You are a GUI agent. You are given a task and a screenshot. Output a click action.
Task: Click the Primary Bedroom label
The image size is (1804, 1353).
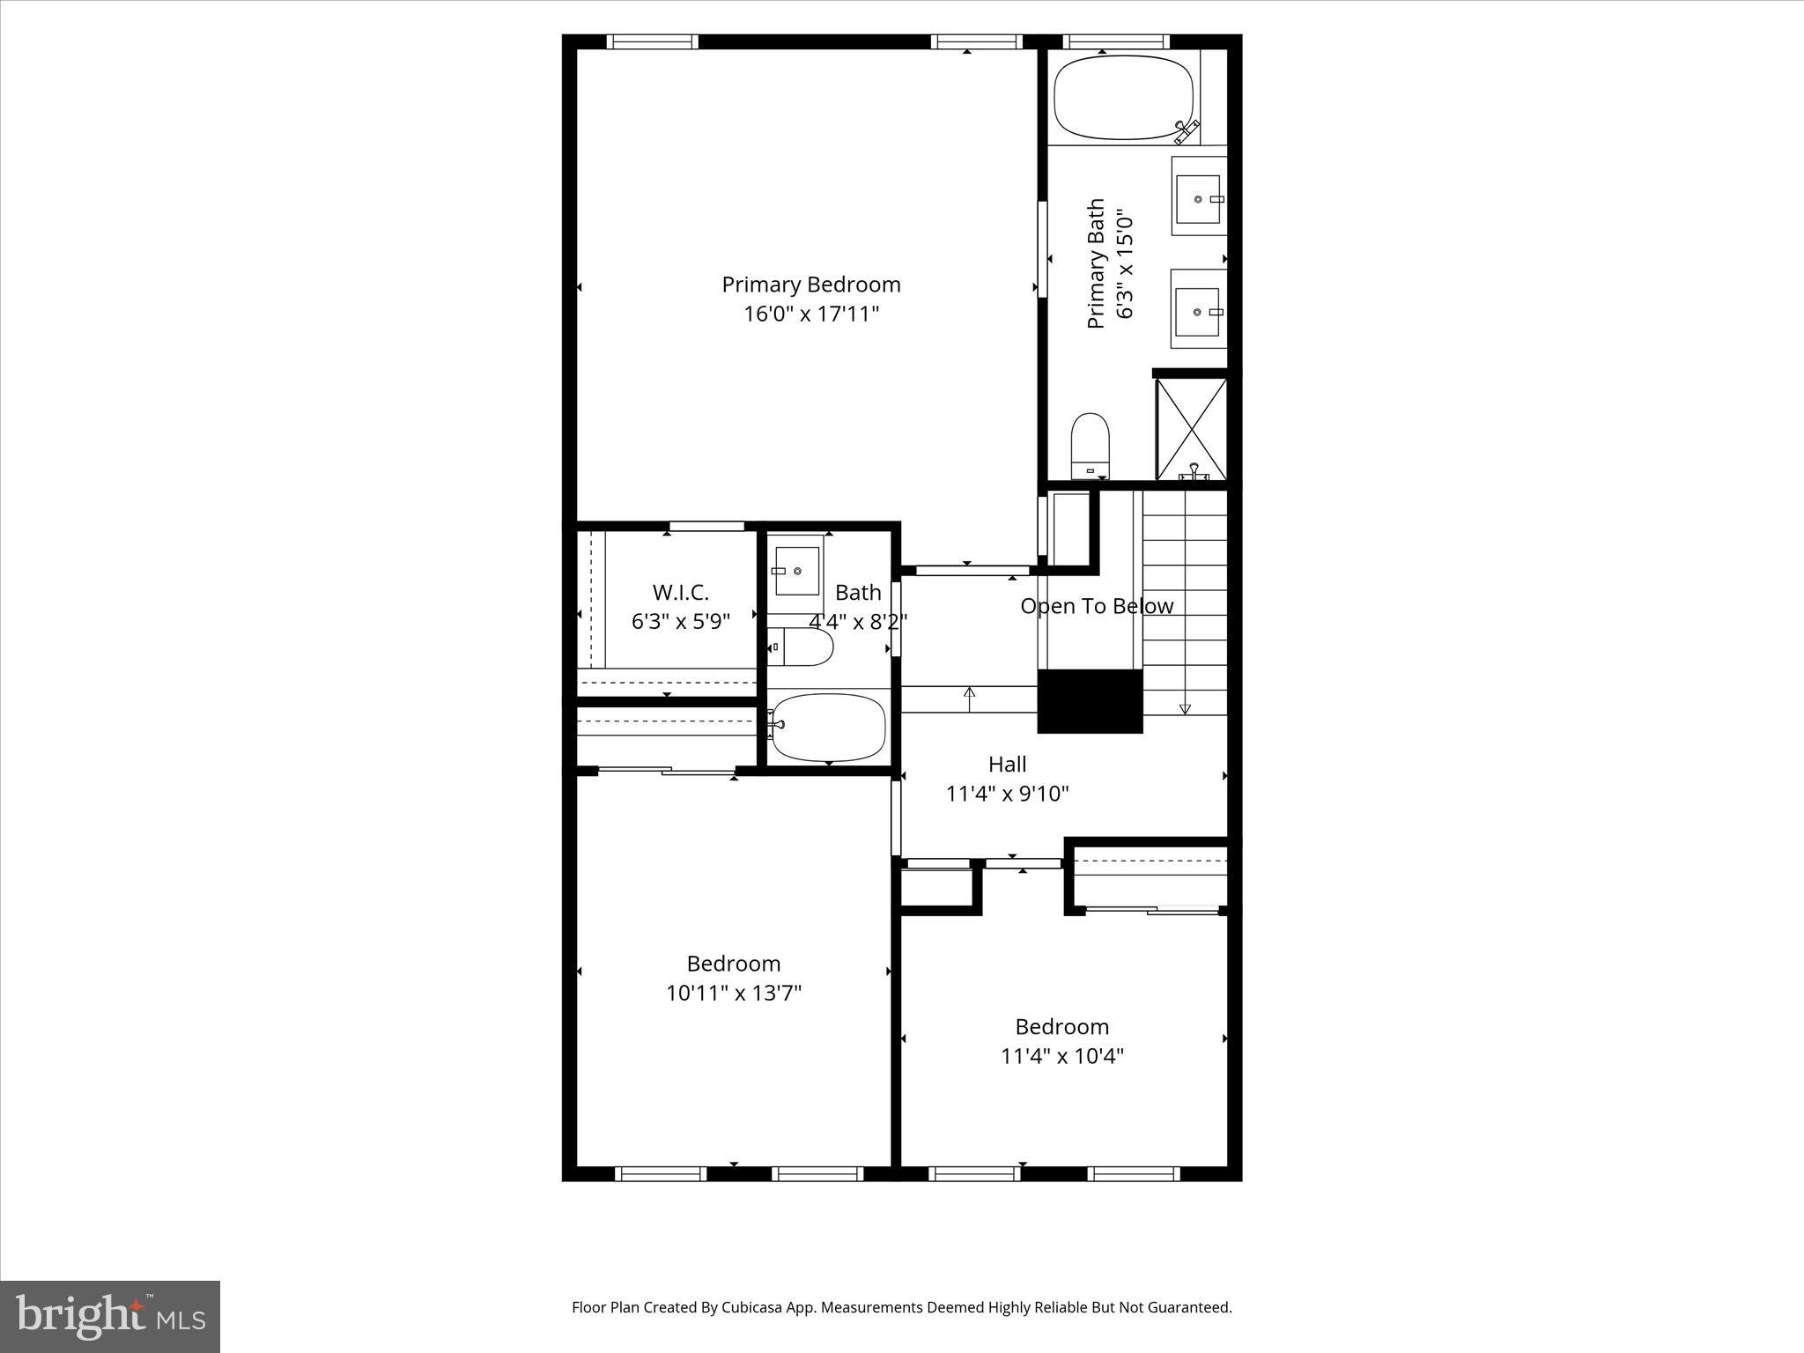pos(810,285)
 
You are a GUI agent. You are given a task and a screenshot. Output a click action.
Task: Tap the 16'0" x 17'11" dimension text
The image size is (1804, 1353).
pos(810,314)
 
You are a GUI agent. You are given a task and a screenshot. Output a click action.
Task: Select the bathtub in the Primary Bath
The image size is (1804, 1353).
pos(1123,98)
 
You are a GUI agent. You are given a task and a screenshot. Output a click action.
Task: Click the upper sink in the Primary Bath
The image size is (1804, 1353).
pos(1198,198)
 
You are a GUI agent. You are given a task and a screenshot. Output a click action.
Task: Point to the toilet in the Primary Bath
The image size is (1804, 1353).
pos(1090,445)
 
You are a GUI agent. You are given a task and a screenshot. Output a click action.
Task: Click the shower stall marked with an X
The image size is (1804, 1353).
pos(1191,429)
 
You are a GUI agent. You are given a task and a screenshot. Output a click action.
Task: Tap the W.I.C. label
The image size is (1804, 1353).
pos(680,592)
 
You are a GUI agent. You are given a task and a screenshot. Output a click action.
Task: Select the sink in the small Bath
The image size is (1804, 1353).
pos(796,571)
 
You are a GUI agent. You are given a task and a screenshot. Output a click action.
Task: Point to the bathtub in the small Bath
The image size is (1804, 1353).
pos(828,728)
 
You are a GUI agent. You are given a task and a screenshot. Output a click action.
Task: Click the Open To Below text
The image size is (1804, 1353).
pos(1097,606)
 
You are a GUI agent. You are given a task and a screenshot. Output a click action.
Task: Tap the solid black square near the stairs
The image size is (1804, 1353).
pos(1090,701)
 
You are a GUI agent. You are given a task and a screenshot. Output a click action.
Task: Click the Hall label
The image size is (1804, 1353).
pos(1007,764)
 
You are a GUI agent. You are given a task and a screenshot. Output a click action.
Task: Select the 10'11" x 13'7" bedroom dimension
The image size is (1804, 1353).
pos(733,993)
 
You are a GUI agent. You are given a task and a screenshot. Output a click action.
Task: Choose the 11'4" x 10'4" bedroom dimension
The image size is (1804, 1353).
pos(1061,1055)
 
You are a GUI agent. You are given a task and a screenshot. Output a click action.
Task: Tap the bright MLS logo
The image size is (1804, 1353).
pos(110,1316)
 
